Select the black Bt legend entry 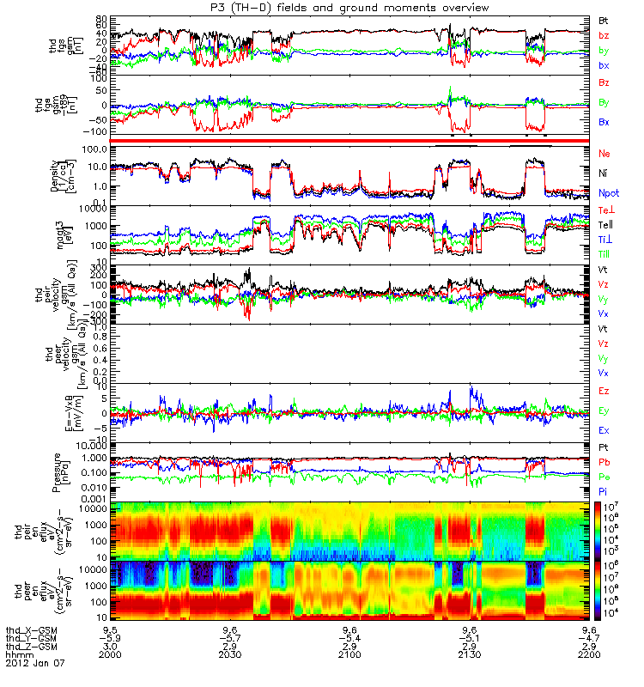pos(604,20)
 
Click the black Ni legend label pos(604,173)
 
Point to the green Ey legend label pos(605,410)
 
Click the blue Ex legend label pos(605,430)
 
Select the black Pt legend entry pos(604,448)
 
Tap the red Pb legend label pos(605,462)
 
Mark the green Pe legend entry pos(605,476)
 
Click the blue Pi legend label pos(604,489)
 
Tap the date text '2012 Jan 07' pos(34,663)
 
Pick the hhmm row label pos(18,654)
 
